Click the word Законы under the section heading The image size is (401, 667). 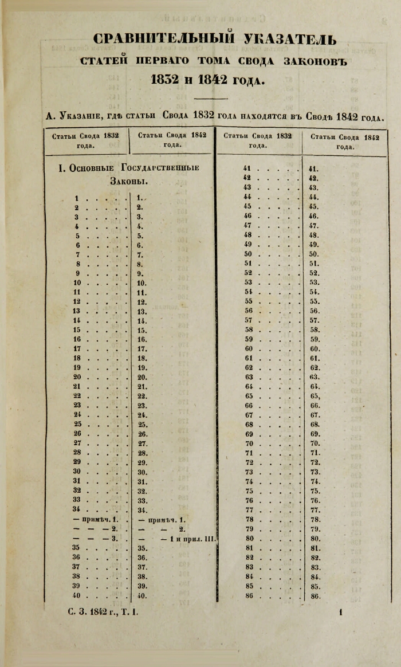tap(128, 182)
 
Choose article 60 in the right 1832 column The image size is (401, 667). tap(248, 348)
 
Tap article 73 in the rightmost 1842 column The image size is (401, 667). tap(314, 472)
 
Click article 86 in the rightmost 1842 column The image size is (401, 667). tap(314, 596)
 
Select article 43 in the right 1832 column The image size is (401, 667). tap(248, 187)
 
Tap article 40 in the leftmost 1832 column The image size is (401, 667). tap(76, 596)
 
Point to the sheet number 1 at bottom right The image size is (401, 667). tap(340, 613)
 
